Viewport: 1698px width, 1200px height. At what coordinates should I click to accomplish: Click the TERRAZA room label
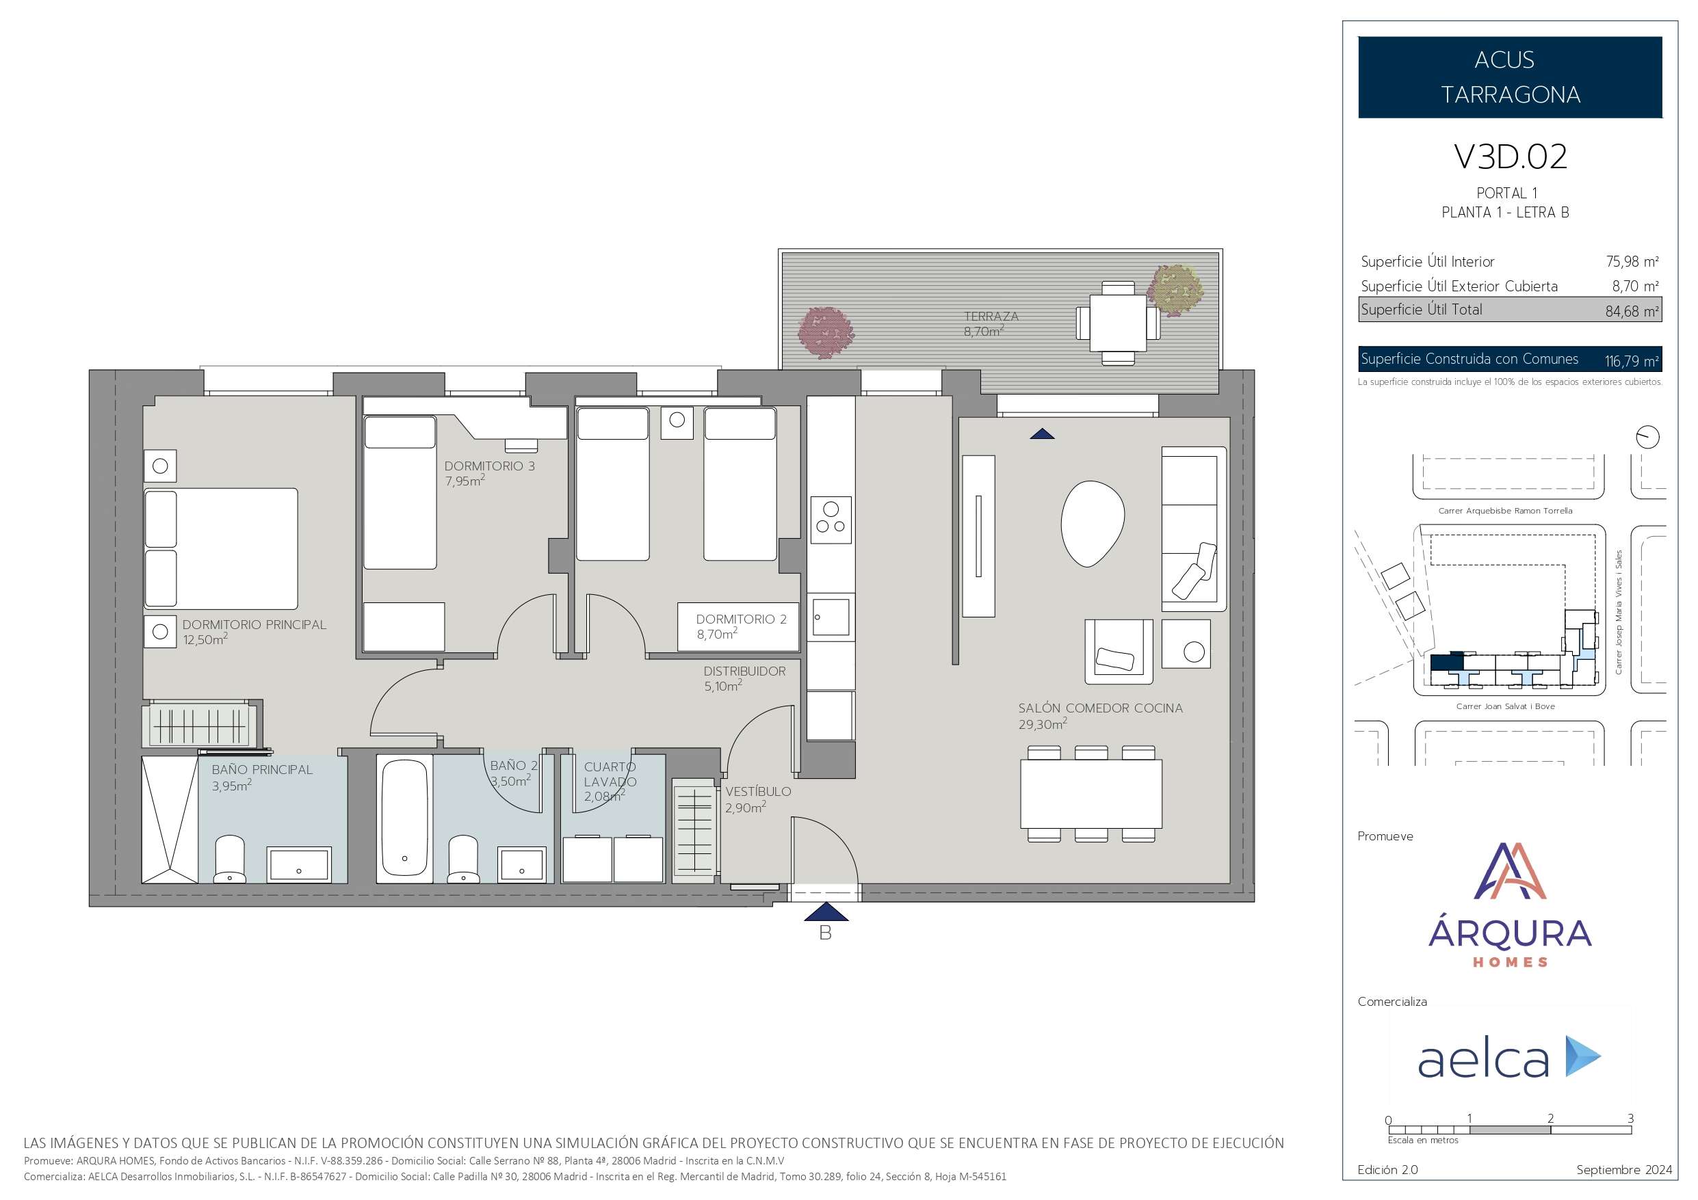click(x=991, y=317)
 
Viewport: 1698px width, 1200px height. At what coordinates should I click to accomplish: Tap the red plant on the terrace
click(x=826, y=333)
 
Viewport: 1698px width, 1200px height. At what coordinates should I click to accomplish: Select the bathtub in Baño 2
click(x=404, y=818)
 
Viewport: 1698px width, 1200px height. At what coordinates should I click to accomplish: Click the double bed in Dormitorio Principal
click(x=221, y=548)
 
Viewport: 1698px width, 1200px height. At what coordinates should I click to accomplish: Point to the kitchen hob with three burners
click(x=831, y=520)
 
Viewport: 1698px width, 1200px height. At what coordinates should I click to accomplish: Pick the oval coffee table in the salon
click(x=1093, y=524)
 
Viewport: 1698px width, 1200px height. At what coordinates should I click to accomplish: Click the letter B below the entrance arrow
click(x=825, y=934)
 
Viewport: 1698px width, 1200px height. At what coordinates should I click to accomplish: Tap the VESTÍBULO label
click(x=758, y=792)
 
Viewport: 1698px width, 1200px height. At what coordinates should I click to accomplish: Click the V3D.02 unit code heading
click(x=1510, y=157)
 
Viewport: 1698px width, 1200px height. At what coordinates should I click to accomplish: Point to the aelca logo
click(x=1509, y=1057)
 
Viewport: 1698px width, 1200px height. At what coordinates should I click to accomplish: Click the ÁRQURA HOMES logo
click(x=1510, y=905)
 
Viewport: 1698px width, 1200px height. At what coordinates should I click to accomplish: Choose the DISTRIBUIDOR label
click(x=745, y=671)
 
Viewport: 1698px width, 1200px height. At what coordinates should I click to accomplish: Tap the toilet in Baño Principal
click(x=229, y=859)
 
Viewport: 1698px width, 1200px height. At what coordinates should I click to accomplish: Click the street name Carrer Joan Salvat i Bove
click(x=1506, y=707)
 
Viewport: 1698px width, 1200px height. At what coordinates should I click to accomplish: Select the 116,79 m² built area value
click(x=1632, y=361)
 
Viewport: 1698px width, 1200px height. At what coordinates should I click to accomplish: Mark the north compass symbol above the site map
click(x=1647, y=437)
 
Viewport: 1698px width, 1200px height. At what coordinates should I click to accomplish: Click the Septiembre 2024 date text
click(x=1624, y=1170)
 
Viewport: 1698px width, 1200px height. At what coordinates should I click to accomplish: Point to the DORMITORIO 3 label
click(x=490, y=466)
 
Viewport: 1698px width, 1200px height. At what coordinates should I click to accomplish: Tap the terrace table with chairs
click(x=1117, y=323)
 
